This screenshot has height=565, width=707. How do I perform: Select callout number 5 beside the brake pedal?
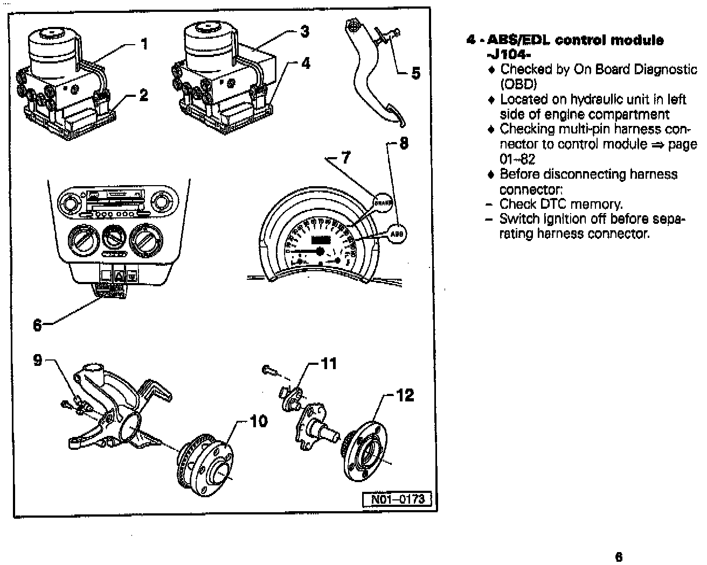point(415,73)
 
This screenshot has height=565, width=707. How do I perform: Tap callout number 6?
point(37,326)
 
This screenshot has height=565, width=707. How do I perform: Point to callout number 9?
point(38,359)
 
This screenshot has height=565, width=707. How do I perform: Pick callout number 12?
point(405,395)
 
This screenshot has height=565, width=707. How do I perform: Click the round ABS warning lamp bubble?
point(397,235)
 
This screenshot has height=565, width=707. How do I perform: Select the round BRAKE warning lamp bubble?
point(383,203)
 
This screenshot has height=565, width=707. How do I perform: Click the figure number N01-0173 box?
point(398,499)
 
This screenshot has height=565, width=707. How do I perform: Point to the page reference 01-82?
point(517,159)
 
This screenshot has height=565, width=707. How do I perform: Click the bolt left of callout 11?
point(269,370)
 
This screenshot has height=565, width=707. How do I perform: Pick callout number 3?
point(305,32)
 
